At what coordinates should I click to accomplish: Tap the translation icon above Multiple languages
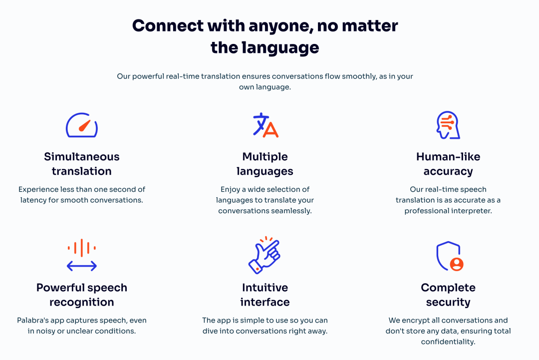pos(266,125)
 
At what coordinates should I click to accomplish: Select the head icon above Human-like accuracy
pos(448,125)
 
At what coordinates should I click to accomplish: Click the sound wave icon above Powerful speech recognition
pos(81,255)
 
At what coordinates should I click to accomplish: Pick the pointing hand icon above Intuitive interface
pos(265,255)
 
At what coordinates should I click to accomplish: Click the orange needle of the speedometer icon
pos(84,125)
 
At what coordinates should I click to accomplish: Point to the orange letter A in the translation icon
pos(271,130)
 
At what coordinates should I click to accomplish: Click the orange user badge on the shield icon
pos(457,264)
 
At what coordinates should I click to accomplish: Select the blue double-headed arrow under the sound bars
pos(81,266)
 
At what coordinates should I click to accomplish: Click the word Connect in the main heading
pos(168,26)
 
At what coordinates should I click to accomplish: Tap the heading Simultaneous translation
pos(82,164)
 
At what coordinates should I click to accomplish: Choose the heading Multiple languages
pos(265,164)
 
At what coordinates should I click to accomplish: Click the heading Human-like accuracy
pos(448,164)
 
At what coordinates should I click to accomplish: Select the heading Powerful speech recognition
pos(82,295)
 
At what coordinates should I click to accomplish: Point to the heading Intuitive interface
pos(265,295)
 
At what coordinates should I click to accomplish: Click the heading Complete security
pos(448,295)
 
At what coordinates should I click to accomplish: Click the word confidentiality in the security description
pos(448,342)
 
